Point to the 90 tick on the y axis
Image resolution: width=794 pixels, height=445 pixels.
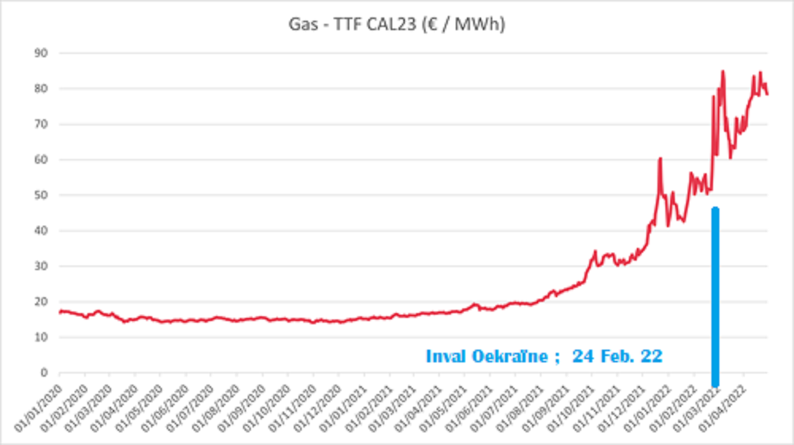[41, 53]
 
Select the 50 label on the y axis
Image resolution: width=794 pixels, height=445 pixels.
[41, 195]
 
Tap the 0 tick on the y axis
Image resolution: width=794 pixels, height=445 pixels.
[44, 373]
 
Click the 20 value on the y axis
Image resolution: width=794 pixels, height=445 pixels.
[41, 302]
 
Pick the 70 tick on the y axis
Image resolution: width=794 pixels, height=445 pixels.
[41, 125]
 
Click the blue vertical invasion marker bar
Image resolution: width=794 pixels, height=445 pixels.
[715, 294]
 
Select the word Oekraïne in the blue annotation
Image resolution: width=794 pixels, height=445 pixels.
[515, 357]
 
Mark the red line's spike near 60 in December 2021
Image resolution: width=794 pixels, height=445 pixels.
[660, 159]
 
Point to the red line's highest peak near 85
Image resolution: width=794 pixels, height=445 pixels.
[723, 72]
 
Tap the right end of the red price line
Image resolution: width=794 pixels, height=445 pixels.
[767, 94]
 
